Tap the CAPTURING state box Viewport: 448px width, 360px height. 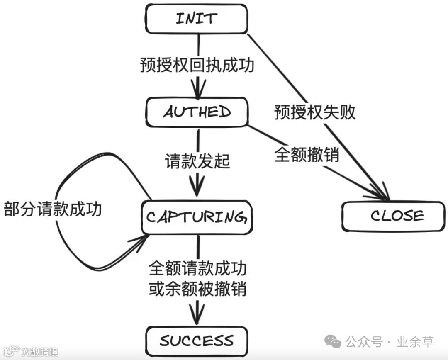click(196, 217)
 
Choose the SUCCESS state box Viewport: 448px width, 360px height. click(197, 341)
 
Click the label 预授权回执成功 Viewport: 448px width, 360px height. click(197, 66)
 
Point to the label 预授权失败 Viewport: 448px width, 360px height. click(315, 112)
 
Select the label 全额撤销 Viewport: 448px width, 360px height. click(307, 155)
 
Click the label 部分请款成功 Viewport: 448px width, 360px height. click(53, 209)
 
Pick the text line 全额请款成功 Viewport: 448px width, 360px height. click(197, 269)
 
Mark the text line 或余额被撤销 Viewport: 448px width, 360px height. click(197, 289)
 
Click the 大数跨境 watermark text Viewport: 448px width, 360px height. click(40, 352)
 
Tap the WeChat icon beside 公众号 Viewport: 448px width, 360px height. click(334, 342)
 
